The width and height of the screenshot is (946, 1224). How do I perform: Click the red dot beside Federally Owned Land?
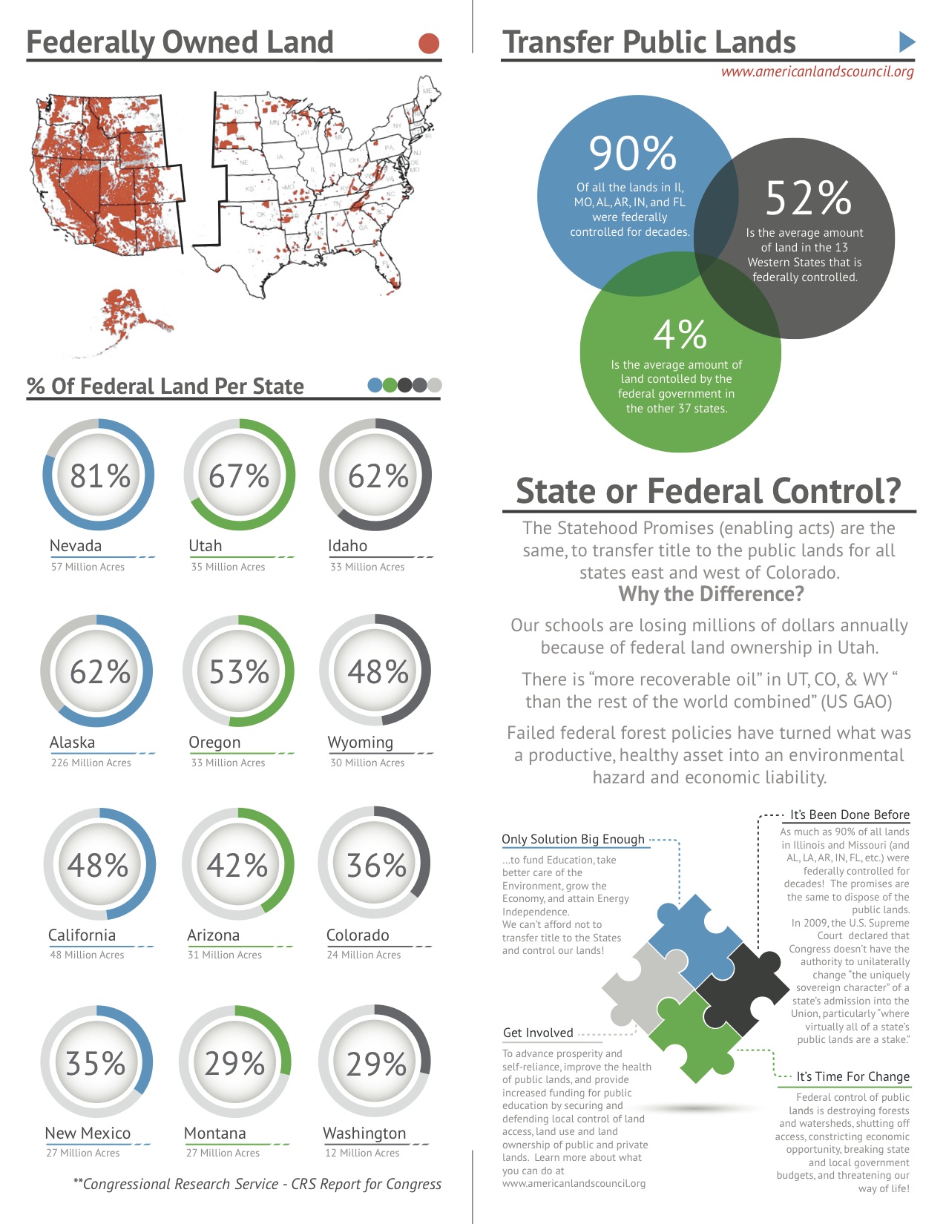[x=429, y=44]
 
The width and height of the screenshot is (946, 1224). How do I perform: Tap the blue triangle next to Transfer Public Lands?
[x=906, y=42]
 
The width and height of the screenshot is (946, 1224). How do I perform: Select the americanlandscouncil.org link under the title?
[x=817, y=72]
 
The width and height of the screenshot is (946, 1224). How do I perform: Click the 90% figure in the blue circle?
[x=632, y=154]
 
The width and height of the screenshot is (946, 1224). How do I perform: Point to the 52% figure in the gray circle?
[x=808, y=198]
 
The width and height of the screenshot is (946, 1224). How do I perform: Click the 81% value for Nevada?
[x=99, y=476]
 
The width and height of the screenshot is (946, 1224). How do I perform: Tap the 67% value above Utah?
[x=239, y=476]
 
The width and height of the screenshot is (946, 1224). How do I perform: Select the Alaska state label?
[x=72, y=742]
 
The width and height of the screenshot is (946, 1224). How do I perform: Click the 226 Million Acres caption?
[x=91, y=763]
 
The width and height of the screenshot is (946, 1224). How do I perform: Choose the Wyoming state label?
[x=361, y=742]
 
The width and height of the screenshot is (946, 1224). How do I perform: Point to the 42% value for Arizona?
[x=237, y=865]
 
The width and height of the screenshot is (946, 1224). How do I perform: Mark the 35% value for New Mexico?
[x=96, y=1063]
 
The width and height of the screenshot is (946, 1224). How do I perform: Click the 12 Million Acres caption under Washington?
[x=362, y=1153]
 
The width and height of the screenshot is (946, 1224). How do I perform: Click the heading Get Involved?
[x=538, y=1033]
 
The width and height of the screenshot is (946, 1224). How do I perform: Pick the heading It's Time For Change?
[x=853, y=1076]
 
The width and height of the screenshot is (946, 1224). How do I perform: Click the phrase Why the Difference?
[x=711, y=594]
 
